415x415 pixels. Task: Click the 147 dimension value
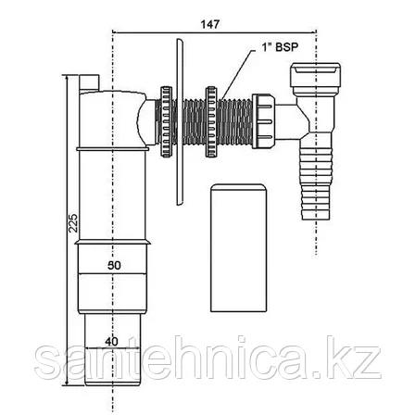(x=210, y=24)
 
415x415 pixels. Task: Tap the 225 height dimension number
(x=73, y=223)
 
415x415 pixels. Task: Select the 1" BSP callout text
(x=280, y=47)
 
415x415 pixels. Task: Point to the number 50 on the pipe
(x=114, y=266)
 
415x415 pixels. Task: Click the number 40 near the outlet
(x=111, y=342)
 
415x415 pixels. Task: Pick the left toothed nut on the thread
(x=166, y=121)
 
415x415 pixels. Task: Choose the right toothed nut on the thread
(x=212, y=121)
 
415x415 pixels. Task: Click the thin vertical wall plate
(x=180, y=121)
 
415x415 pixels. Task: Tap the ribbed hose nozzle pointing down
(x=316, y=183)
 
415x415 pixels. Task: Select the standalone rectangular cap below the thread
(x=238, y=247)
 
